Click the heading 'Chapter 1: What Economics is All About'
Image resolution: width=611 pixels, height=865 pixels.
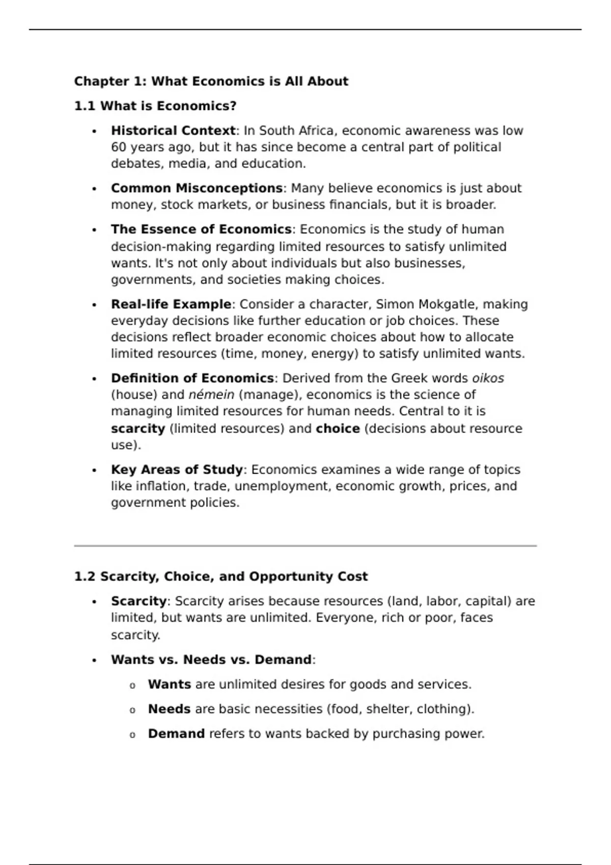point(211,81)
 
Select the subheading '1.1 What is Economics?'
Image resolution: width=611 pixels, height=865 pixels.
point(155,106)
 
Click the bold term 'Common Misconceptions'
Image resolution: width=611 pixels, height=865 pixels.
point(197,188)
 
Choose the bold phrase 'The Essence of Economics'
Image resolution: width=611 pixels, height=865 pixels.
point(201,229)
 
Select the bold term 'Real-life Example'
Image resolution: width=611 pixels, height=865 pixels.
point(171,304)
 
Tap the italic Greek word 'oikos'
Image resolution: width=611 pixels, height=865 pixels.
point(488,378)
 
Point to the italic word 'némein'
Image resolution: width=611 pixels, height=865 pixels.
point(211,395)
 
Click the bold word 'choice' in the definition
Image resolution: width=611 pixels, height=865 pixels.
point(338,428)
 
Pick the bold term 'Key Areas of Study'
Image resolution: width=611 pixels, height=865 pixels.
point(177,470)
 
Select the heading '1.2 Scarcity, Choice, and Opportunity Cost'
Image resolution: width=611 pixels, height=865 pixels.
point(220,576)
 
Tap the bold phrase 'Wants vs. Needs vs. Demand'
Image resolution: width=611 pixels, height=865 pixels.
point(211,659)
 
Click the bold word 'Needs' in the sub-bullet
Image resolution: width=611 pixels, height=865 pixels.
point(169,709)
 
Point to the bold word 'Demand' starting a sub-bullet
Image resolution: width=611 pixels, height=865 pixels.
point(176,734)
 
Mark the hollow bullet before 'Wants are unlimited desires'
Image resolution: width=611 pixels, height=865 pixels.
point(132,685)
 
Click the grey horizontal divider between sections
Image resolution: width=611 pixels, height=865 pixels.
point(305,546)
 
